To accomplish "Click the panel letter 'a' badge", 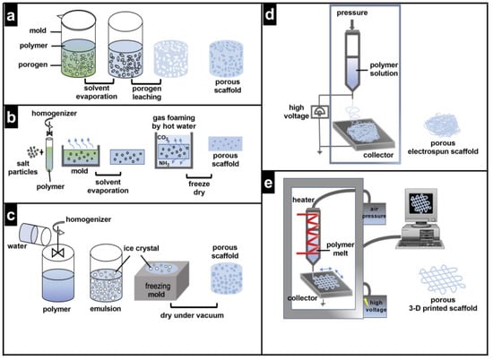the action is point(11,15).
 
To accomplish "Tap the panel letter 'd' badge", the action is point(270,14).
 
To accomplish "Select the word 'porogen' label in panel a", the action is point(33,64).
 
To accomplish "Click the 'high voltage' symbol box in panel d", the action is point(320,112).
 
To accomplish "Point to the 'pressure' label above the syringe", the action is point(352,13).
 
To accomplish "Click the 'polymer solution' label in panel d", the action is point(384,69).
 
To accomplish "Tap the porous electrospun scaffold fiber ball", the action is point(442,125).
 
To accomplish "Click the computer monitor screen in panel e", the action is point(421,203).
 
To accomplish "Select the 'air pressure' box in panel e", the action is point(374,213).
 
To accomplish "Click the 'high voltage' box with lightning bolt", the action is point(375,306).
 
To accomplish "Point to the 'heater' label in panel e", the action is point(303,200).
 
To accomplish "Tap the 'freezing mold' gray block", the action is point(161,280).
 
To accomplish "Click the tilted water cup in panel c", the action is point(35,235).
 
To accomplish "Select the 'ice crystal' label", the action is point(141,248).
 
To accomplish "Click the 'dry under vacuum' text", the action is point(192,315).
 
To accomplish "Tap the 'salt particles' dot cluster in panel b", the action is point(32,152).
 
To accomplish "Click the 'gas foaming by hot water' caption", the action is point(174,122).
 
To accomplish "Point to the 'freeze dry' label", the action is point(199,188).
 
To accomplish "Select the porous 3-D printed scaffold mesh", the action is point(442,279).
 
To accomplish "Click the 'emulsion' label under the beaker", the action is point(106,309).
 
